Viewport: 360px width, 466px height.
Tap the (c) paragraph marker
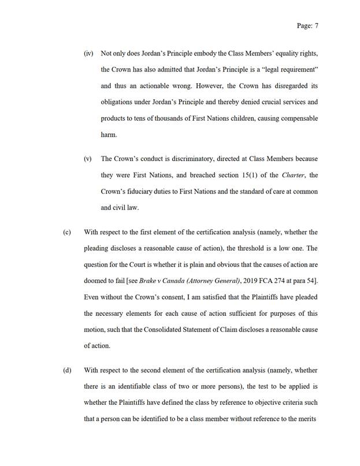point(67,233)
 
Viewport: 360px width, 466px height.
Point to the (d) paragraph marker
point(67,370)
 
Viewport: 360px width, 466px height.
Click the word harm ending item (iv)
point(109,135)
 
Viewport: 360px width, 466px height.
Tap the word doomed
point(96,281)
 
